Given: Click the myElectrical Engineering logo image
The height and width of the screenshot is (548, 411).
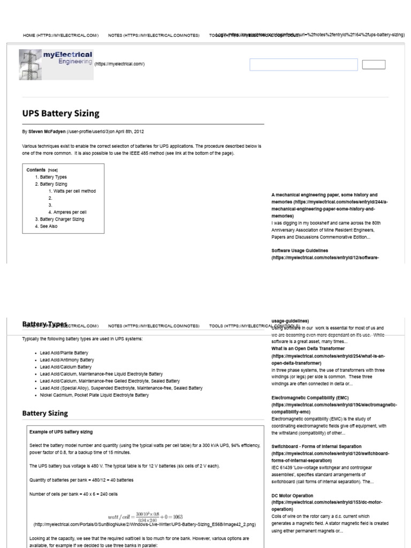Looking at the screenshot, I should tap(56, 65).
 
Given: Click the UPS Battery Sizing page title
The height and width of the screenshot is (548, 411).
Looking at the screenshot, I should tap(60, 113).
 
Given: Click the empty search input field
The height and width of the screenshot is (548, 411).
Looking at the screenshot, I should tap(303, 65).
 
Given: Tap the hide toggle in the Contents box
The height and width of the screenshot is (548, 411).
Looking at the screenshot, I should tap(52, 170).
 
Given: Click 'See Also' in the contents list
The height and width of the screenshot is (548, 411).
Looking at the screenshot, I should tap(49, 226).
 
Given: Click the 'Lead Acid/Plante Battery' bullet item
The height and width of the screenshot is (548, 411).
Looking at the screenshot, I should tap(64, 353).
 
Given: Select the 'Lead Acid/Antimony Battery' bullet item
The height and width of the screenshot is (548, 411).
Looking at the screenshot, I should tap(66, 360).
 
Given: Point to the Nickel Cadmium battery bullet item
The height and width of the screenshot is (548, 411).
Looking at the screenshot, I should tap(94, 395).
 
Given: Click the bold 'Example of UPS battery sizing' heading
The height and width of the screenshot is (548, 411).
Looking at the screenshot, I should tap(61, 432).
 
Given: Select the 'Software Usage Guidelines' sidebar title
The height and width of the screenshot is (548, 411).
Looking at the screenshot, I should tap(300, 250).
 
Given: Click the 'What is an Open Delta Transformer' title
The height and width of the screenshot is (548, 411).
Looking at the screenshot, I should tap(308, 348).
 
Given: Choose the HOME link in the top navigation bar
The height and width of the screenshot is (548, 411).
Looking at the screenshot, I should tap(60, 35).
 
